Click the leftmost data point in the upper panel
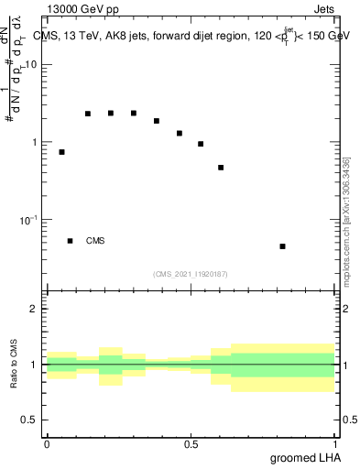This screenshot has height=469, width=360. coord(61,152)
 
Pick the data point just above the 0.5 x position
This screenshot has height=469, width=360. coord(201,144)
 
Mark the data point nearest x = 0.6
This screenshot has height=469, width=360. coord(221,168)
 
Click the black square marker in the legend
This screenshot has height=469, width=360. coord(70,241)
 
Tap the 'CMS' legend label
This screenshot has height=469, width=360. coord(95,241)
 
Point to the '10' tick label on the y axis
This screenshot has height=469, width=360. coord(31,65)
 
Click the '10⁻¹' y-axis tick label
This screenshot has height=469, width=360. coord(27,220)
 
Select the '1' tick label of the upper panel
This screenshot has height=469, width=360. coord(35,143)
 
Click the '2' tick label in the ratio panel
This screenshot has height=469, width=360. coord(35,310)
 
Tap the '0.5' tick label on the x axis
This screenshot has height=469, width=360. coord(191,444)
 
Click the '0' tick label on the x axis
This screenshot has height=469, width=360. coord(47,444)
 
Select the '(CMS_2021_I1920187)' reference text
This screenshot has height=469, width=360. coord(190,274)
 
